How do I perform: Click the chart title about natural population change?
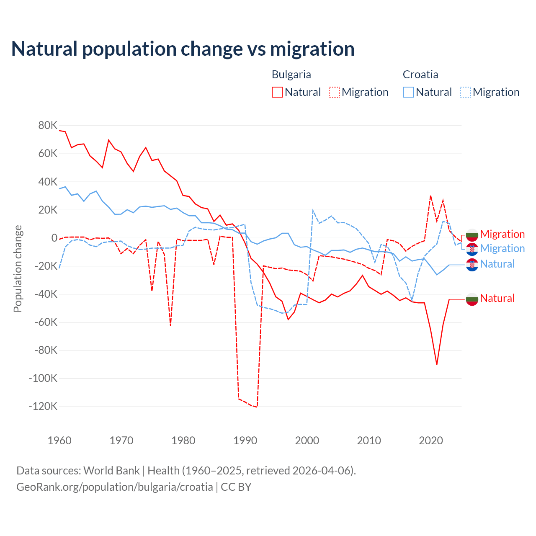183,49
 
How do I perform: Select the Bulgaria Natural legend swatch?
277,92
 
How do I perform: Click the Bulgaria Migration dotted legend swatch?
334,92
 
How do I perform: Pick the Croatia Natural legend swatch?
408,92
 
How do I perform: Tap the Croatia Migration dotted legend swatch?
465,92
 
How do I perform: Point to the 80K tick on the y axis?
48,125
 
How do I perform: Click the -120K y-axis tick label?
43,406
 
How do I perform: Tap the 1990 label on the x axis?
245,441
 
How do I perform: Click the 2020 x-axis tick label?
431,441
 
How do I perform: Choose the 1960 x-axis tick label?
60,441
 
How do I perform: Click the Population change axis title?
18,268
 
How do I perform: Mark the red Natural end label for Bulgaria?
497,298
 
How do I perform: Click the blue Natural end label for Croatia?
497,264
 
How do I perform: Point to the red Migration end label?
502,234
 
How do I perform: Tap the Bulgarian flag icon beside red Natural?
472,299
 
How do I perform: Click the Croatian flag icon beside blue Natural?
472,265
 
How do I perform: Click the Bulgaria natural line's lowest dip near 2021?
437,364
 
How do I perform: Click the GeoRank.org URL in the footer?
115,487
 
